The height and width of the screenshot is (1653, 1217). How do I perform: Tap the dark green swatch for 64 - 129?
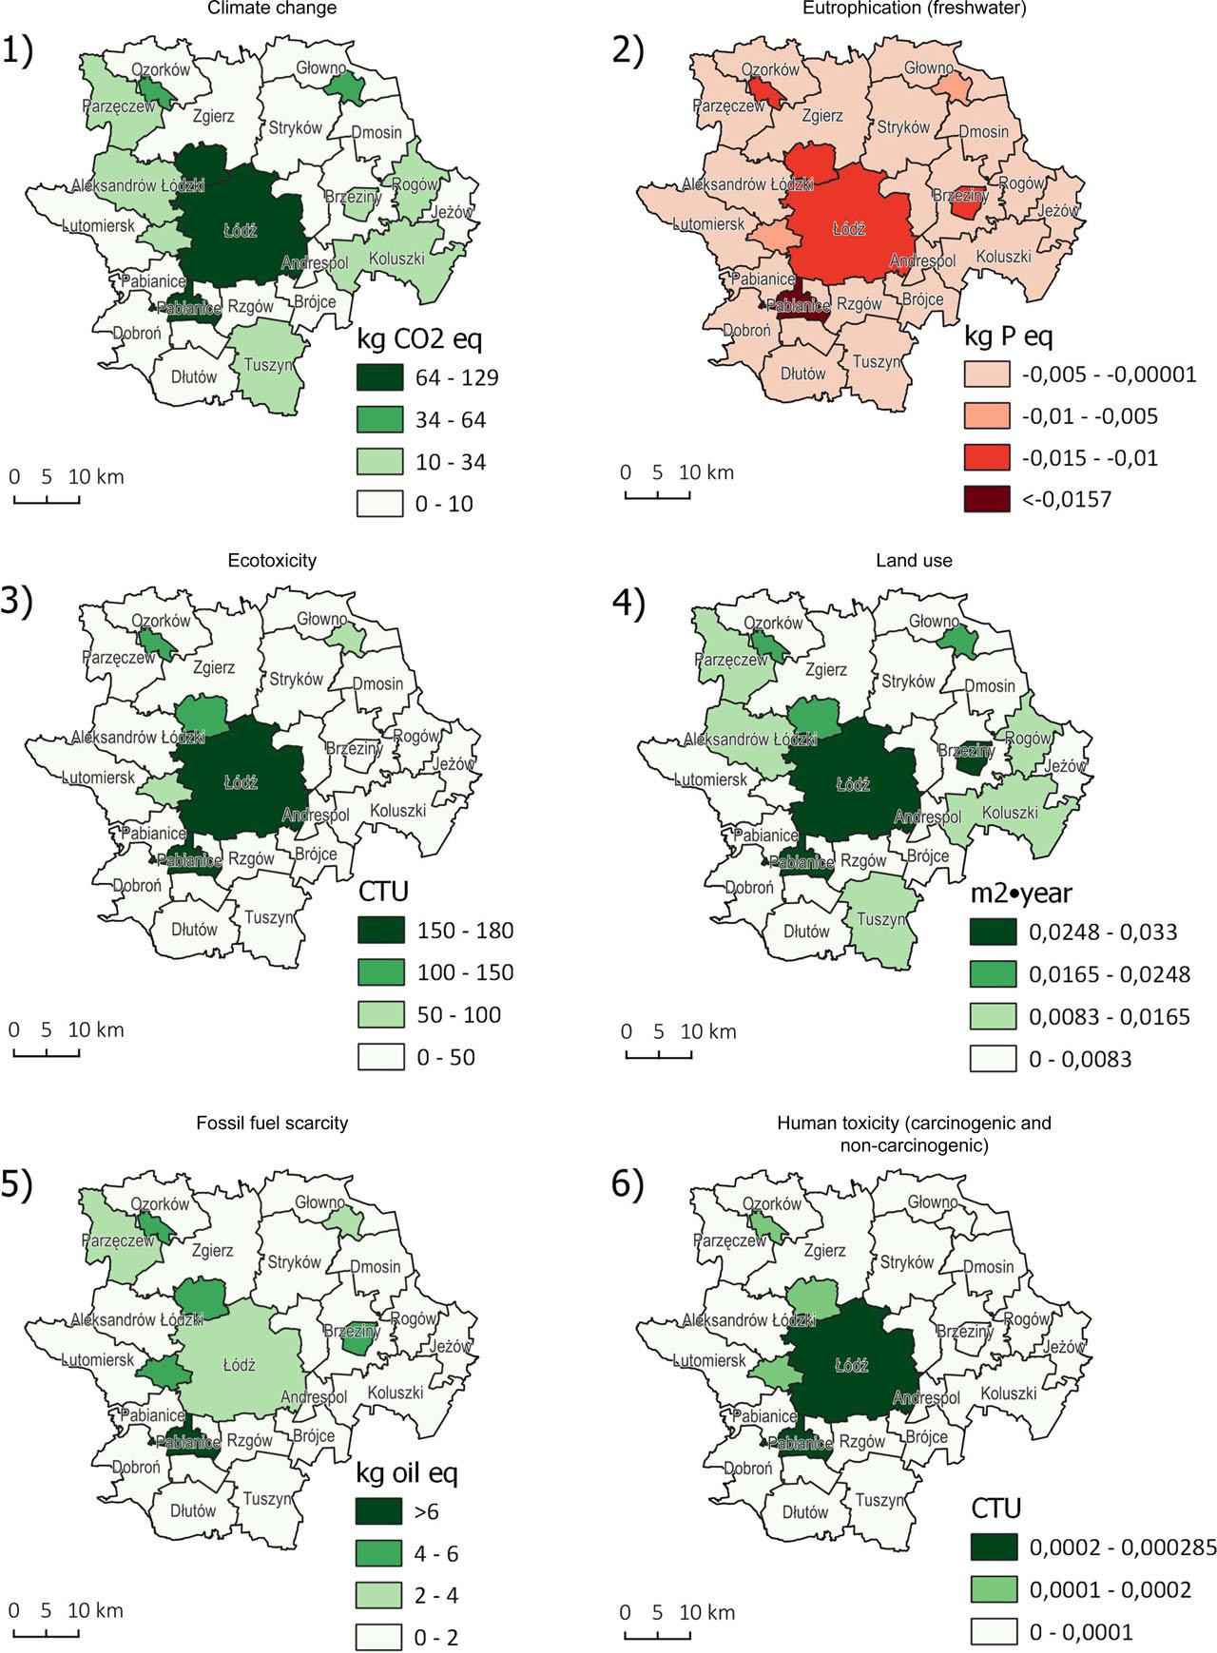(380, 377)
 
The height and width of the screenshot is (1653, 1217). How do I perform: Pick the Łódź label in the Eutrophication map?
(848, 229)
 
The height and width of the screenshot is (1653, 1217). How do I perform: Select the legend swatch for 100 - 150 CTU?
(380, 972)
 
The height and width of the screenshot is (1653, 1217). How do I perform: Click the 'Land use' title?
(913, 561)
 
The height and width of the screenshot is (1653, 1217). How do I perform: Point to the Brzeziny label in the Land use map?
(966, 751)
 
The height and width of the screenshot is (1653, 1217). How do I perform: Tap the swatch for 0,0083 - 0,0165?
(994, 1016)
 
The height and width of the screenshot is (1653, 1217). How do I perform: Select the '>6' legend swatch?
(380, 1511)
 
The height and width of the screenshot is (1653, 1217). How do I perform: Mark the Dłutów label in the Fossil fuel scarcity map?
(193, 1510)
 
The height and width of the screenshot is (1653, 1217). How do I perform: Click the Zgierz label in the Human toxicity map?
(823, 1252)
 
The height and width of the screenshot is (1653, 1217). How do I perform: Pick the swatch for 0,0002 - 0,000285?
(994, 1547)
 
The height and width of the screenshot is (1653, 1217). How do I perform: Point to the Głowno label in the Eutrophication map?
(928, 67)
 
